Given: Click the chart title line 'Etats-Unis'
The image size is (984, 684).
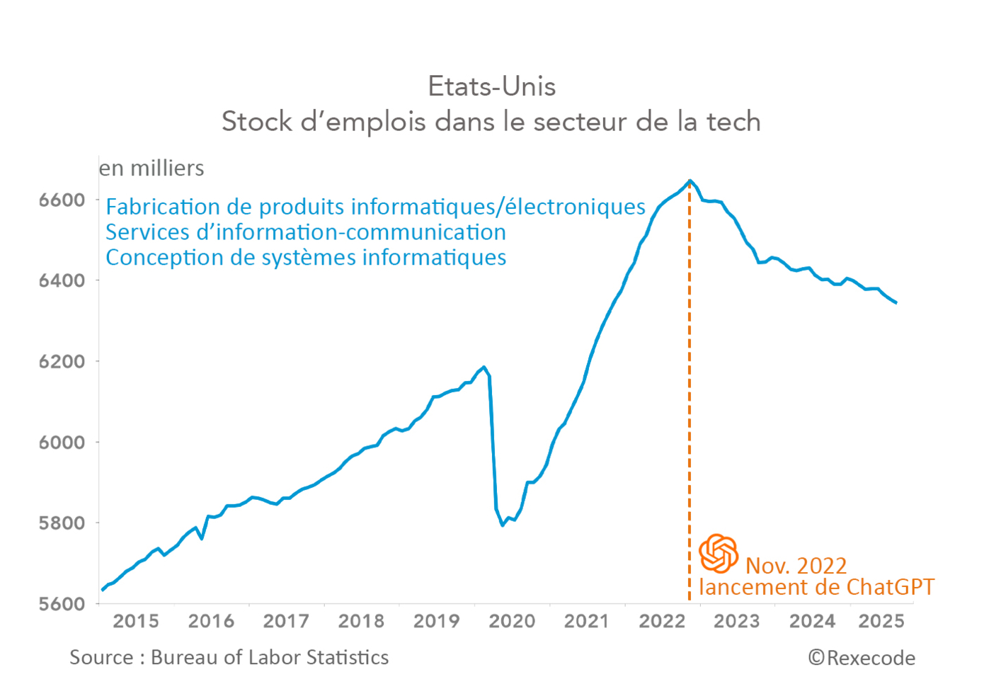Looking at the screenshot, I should (x=491, y=86).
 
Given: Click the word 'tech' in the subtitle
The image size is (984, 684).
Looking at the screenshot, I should (x=733, y=122).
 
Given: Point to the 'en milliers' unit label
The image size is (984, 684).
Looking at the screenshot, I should (x=151, y=169).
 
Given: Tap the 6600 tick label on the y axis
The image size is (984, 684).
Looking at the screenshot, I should (x=62, y=200).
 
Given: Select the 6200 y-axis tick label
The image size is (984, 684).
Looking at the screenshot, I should (x=62, y=362).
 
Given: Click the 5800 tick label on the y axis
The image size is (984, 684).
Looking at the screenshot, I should (x=62, y=523).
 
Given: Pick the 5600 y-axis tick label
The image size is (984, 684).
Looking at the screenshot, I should (x=62, y=604).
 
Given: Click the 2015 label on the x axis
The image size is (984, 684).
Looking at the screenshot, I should (x=136, y=622).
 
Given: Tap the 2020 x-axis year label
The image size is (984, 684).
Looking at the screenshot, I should (x=512, y=622).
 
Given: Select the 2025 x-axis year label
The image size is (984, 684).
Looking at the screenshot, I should (x=881, y=622).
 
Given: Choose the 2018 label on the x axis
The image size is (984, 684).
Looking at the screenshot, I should (x=361, y=622).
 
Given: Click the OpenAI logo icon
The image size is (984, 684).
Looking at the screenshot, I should (x=719, y=553).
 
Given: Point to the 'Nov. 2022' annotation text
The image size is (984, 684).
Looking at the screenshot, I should (x=796, y=566).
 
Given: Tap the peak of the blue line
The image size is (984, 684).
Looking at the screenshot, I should (x=690, y=181).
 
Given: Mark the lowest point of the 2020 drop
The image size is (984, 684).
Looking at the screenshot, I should (x=503, y=525).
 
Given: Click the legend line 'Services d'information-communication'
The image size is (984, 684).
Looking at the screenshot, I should (x=306, y=232).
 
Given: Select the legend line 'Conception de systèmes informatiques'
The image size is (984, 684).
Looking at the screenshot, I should (x=306, y=258).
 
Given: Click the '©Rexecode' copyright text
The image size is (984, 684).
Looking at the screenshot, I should (x=862, y=659).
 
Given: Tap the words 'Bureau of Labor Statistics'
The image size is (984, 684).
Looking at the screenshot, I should (x=270, y=658).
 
